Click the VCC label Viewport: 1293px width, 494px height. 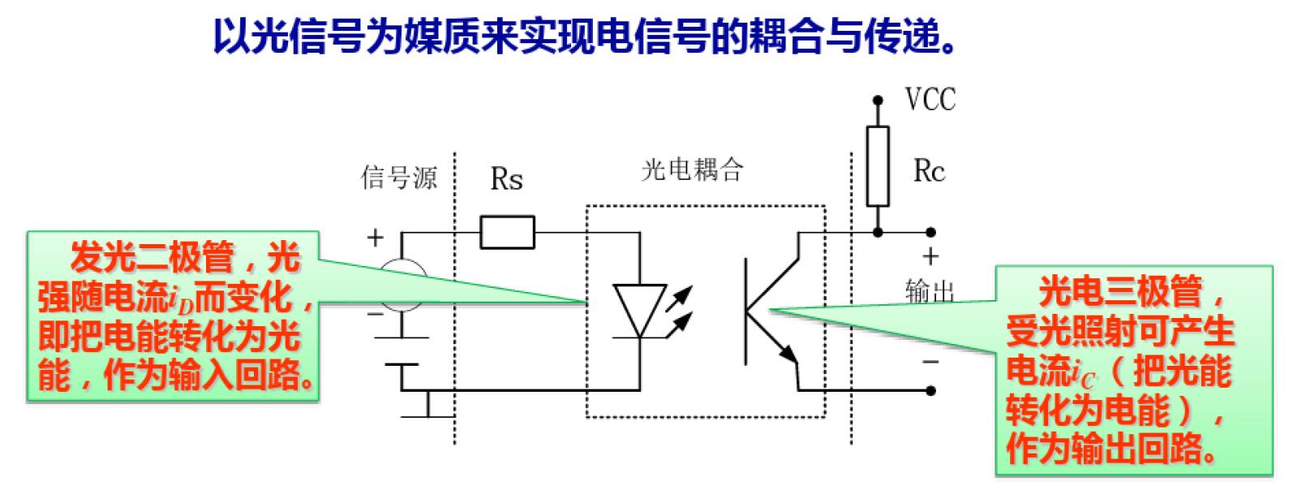pos(930,100)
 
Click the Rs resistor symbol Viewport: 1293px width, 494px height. pos(507,232)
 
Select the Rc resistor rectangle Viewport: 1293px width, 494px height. pos(877,165)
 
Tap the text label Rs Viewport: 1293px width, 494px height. pos(506,179)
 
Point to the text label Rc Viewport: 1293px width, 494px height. pos(929,171)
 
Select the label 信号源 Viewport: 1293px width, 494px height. pos(398,178)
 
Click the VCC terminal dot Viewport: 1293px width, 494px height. pos(877,101)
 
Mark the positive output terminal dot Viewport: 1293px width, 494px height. pos(931,233)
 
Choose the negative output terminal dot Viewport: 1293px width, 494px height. pos(931,391)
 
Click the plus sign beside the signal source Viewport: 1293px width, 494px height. pos(375,238)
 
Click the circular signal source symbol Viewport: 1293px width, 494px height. pos(403,285)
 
